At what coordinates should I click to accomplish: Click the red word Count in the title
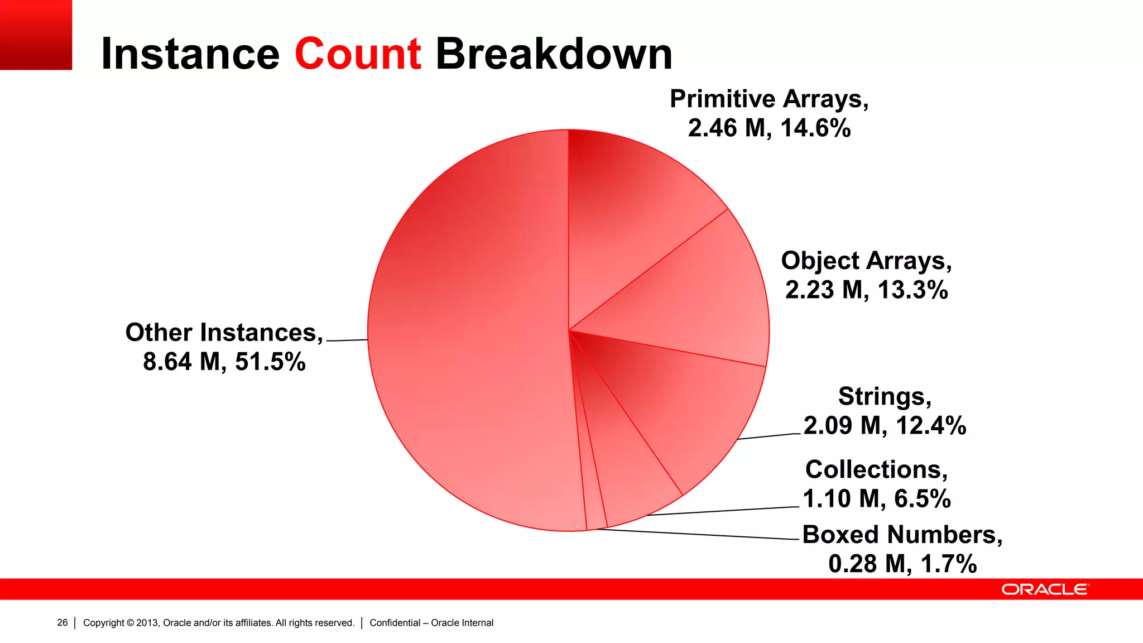pyautogui.click(x=357, y=54)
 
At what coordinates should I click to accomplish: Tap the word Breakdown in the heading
pyautogui.click(x=554, y=54)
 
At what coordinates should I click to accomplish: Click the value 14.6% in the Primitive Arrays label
pyautogui.click(x=815, y=128)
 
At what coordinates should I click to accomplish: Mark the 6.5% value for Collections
pyautogui.click(x=923, y=499)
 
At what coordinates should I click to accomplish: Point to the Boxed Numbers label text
pyautogui.click(x=902, y=535)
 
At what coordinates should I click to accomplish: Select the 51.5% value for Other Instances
pyautogui.click(x=270, y=362)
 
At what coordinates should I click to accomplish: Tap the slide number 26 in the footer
pyautogui.click(x=62, y=623)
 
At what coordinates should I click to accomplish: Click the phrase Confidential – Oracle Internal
pyautogui.click(x=431, y=623)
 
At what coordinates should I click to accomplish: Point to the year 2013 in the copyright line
pyautogui.click(x=147, y=623)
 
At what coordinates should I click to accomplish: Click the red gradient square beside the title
pyautogui.click(x=36, y=35)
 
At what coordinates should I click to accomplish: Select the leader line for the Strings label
pyautogui.click(x=769, y=436)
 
